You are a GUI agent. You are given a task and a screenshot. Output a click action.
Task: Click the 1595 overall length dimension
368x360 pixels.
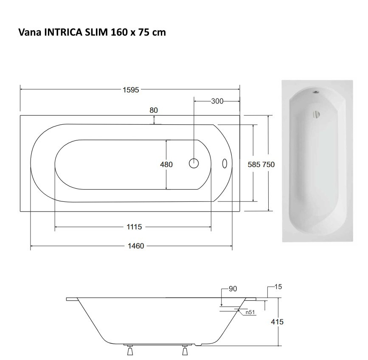131,90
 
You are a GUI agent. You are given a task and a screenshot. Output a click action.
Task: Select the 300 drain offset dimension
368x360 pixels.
217,101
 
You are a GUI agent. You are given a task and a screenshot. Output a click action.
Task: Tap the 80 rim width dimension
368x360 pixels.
154,110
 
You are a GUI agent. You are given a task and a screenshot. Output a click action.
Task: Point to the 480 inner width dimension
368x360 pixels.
166,165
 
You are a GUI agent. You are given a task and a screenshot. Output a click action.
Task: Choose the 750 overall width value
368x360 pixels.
268,165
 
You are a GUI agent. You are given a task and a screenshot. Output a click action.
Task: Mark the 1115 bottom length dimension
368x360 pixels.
134,227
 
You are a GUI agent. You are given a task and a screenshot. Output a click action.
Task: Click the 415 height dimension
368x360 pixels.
277,322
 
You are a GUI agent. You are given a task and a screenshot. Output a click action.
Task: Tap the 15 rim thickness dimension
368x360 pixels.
278,287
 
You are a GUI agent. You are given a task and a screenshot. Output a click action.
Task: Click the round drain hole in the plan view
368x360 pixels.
194,163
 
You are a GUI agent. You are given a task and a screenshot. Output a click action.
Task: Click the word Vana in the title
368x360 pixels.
28,32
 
